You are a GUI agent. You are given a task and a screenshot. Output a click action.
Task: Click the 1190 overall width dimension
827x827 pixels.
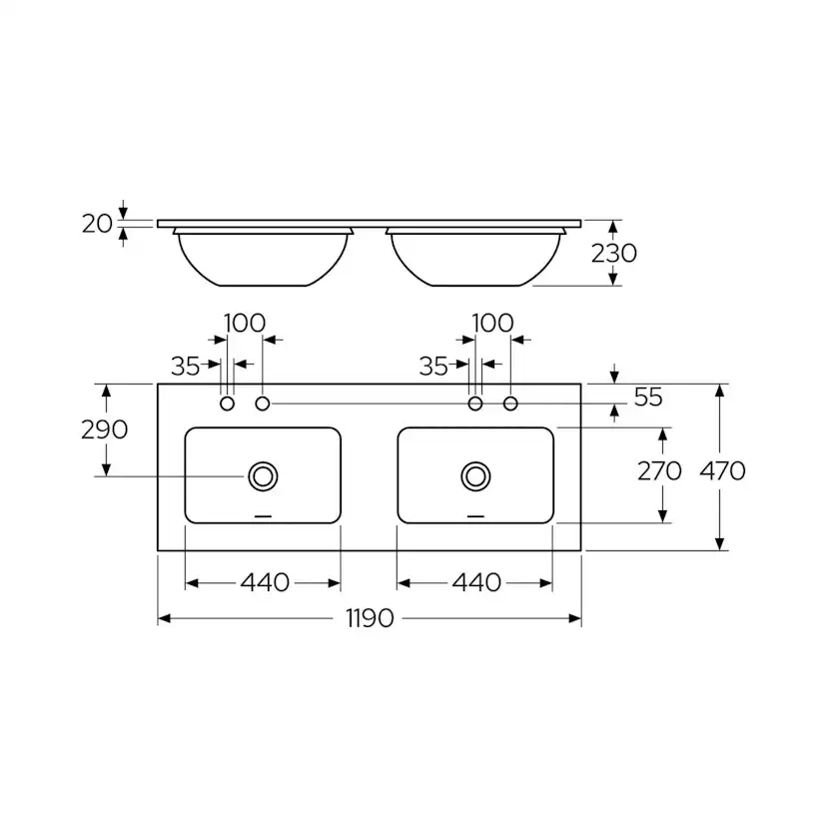[370, 618]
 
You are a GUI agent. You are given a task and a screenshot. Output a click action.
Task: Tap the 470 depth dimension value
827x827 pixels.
[722, 470]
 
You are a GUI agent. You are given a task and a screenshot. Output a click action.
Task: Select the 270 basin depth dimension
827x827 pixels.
[659, 470]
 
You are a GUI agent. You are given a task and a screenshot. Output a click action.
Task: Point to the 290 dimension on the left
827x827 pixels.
[105, 429]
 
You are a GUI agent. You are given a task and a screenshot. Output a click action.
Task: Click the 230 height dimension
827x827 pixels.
[614, 254]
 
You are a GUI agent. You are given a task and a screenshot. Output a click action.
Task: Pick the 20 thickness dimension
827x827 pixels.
[97, 224]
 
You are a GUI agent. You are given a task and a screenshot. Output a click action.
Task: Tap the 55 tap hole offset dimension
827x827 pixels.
[648, 398]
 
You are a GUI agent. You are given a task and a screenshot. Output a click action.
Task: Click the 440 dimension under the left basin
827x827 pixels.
[265, 583]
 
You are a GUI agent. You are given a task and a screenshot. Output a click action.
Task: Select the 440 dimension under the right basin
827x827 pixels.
[476, 583]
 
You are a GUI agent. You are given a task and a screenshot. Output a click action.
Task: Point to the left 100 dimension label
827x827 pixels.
[244, 323]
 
